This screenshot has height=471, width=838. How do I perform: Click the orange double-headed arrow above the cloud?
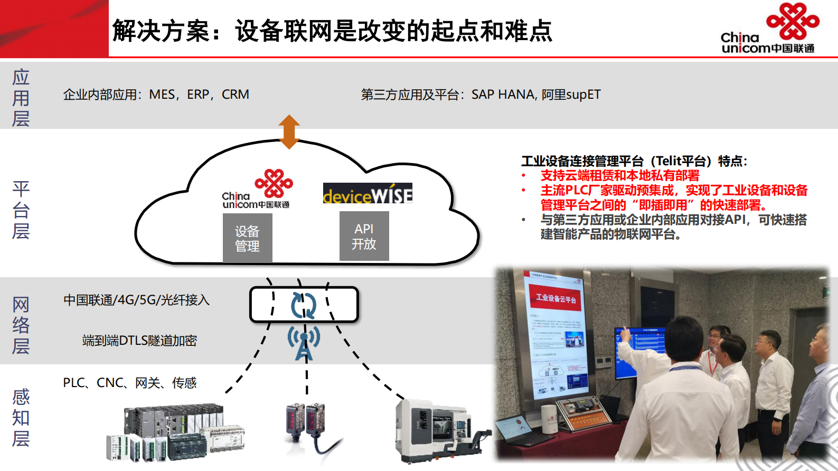coord(289,131)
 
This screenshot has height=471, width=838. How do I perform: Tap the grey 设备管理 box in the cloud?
coord(247,238)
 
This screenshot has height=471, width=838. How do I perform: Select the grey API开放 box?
coord(364,236)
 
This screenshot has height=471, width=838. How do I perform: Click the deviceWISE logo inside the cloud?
coord(368,194)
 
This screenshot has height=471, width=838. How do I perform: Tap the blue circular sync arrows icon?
coord(304,305)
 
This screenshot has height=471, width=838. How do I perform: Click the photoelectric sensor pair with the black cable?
coord(306,428)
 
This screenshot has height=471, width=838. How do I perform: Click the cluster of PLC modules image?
coord(174,433)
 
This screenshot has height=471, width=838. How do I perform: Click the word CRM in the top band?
coord(236,95)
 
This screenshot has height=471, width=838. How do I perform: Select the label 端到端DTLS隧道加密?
coord(139,341)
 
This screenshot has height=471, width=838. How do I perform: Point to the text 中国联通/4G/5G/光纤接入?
coord(136,300)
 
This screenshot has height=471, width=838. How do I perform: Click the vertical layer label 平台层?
coord(21,210)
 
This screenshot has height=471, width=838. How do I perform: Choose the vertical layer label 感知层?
coord(21,418)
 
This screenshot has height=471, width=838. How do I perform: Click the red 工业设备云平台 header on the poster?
coord(555,298)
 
